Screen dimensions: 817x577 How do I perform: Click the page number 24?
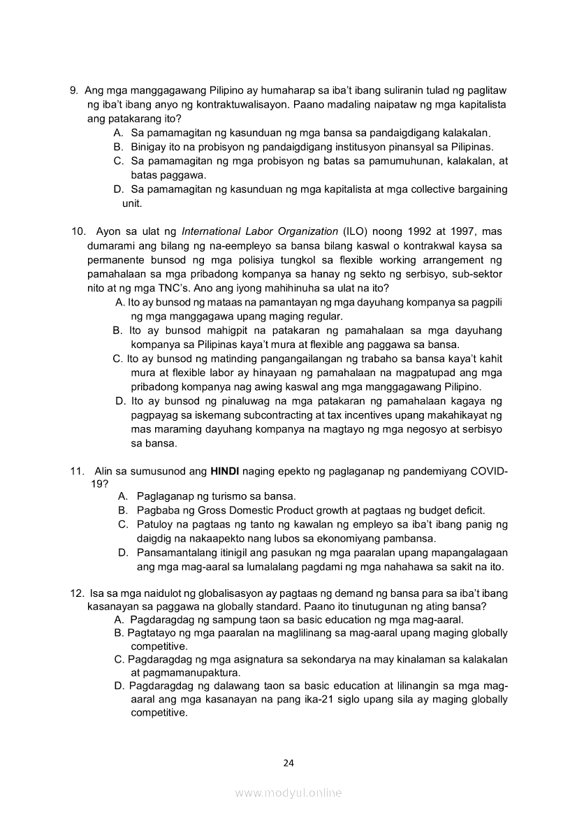288,762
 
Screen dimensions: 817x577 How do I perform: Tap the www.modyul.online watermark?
288,793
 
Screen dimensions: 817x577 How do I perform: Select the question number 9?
73,91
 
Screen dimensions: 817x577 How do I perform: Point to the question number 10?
79,231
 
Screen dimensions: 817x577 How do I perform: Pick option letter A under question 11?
122,496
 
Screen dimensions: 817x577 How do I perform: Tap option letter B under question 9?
117,147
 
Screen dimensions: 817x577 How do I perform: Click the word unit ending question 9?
132,203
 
